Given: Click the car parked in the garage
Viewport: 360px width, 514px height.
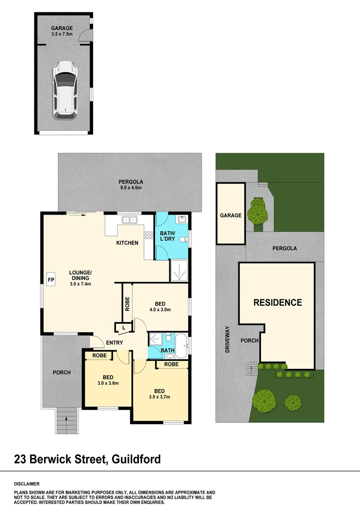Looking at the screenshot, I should [x=65, y=89].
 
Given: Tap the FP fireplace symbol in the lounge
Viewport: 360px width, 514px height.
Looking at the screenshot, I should [x=51, y=279].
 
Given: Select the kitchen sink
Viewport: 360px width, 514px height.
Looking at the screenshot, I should [x=129, y=220].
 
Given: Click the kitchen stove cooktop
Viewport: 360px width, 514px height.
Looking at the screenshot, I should [x=148, y=235].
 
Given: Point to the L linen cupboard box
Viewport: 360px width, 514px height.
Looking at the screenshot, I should [x=124, y=328].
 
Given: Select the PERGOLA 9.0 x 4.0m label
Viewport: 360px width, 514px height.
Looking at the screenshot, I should [x=131, y=184].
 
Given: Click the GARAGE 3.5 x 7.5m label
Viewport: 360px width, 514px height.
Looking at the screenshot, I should [x=62, y=31].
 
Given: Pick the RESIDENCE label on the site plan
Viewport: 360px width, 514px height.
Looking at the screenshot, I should [x=277, y=302].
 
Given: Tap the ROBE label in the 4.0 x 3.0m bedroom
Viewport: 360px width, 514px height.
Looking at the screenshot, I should [x=127, y=304].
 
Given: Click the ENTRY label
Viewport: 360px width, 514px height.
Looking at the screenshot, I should [x=115, y=343].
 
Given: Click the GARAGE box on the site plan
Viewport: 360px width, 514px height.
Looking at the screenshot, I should [x=231, y=215].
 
